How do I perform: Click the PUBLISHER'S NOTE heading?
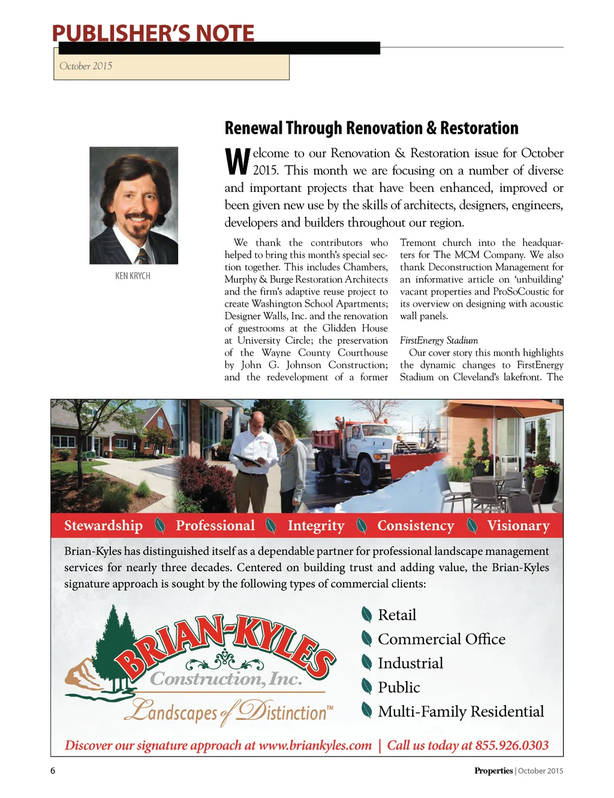point(153,33)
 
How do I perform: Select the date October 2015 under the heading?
point(86,66)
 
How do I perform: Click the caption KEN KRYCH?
point(133,276)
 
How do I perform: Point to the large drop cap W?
point(237,161)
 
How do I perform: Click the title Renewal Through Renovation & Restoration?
point(371,128)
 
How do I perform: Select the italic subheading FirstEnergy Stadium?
point(439,340)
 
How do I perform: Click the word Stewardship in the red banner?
point(103,526)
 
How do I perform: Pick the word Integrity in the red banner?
point(316,526)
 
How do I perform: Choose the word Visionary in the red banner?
point(518,526)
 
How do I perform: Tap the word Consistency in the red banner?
point(416,526)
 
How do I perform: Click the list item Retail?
point(397,615)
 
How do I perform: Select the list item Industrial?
point(410,663)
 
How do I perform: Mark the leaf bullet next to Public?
point(366,686)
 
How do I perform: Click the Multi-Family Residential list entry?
point(460,712)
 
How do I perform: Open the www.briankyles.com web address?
point(315,745)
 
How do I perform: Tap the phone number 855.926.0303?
point(511,745)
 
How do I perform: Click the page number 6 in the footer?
point(53,771)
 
